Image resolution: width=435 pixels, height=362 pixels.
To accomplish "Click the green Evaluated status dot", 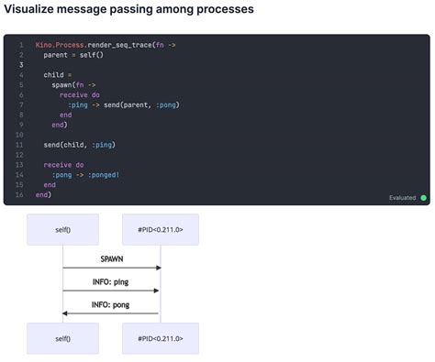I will (x=424, y=197).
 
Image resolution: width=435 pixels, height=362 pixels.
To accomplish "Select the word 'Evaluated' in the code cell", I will (x=402, y=197).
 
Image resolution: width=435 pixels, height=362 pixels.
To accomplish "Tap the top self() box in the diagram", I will (x=62, y=229).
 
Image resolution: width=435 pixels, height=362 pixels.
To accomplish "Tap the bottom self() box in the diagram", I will (x=62, y=338).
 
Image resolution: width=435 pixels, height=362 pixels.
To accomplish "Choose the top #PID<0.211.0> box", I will (x=161, y=229).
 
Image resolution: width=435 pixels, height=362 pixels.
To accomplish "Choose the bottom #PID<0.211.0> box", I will (x=161, y=338).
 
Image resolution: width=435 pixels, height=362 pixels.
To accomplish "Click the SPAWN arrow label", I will (x=111, y=259).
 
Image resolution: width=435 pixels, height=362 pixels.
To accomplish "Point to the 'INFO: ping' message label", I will (x=111, y=281).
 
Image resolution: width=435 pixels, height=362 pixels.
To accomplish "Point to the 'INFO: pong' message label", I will (x=111, y=304).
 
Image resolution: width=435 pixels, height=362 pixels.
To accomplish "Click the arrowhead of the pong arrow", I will (x=65, y=313).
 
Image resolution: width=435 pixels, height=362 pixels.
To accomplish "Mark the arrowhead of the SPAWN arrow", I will (x=158, y=268).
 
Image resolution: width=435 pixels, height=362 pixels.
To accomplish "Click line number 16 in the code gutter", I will (x=19, y=194).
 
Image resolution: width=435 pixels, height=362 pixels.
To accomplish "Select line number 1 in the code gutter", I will (x=20, y=44).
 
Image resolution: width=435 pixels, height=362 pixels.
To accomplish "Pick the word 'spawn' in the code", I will (x=62, y=84).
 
